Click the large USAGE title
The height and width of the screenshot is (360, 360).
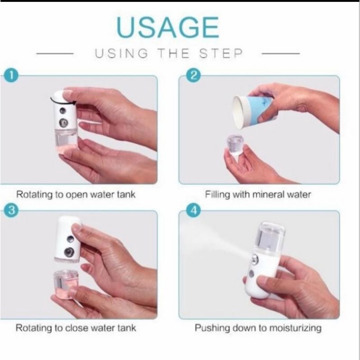tap(168, 28)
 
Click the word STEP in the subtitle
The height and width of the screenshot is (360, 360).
tap(221, 54)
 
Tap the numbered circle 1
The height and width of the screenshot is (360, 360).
tap(11, 75)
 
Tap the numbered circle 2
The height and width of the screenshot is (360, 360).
tap(194, 75)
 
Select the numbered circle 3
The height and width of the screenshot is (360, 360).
tap(11, 210)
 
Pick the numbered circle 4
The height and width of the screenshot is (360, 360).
tap(194, 210)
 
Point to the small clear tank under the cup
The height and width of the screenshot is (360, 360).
tap(235, 145)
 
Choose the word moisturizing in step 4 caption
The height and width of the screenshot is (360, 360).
tap(295, 328)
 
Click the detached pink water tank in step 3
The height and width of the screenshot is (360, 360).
tap(66, 285)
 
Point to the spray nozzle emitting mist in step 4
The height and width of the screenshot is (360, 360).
tap(255, 259)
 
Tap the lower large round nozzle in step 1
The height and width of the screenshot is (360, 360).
tap(63, 123)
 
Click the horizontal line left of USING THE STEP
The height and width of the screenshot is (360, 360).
tap(55, 54)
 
